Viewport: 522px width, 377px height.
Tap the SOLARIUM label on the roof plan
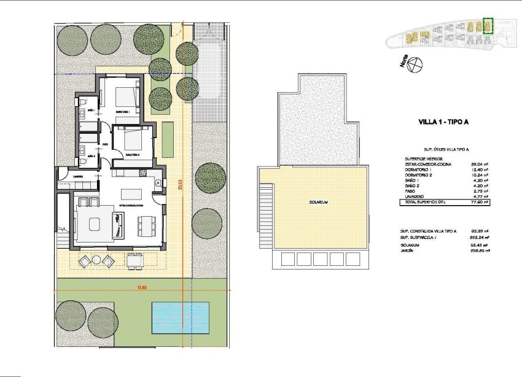[x=317, y=202]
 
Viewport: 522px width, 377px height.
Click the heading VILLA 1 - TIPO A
[x=443, y=122]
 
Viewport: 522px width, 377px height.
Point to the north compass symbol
[x=417, y=64]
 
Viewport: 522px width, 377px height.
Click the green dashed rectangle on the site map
[x=488, y=26]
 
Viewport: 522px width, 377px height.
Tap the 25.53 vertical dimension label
[x=180, y=184]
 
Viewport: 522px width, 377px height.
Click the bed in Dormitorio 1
[x=127, y=97]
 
